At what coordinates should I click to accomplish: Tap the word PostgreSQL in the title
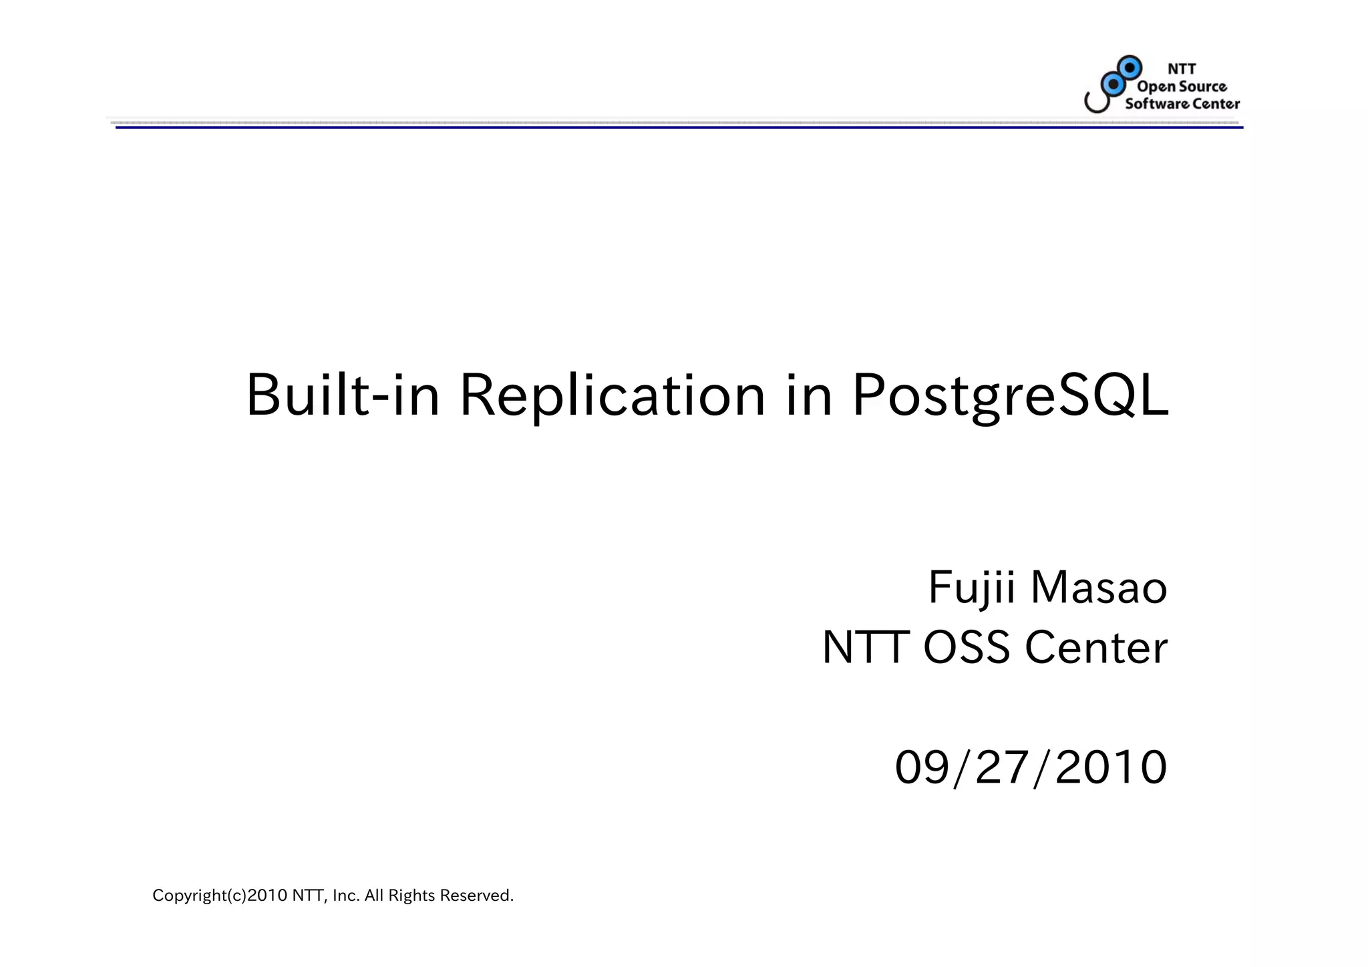[x=1010, y=395]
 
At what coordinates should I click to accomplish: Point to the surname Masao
[x=1099, y=588]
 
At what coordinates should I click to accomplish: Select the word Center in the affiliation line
[x=1096, y=648]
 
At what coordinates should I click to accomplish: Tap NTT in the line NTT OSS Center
[x=866, y=648]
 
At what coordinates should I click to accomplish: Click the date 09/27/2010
[x=1031, y=767]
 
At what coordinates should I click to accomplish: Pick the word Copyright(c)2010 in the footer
[x=220, y=896]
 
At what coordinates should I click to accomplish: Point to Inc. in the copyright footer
[x=346, y=896]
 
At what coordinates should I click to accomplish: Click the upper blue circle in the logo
[x=1130, y=67]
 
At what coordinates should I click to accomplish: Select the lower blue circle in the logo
[x=1112, y=84]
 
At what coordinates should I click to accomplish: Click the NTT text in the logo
[x=1182, y=69]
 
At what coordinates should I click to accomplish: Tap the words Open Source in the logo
[x=1182, y=86]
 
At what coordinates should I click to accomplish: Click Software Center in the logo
[x=1182, y=104]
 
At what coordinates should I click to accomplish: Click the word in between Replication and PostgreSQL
[x=808, y=395]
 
